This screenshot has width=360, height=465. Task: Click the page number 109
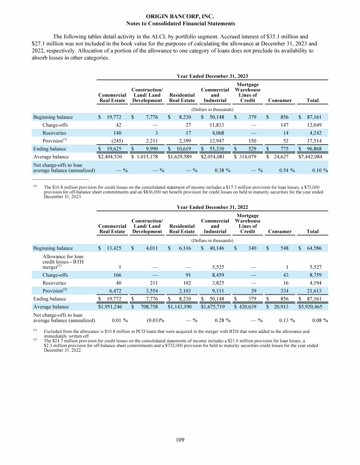tap(180, 440)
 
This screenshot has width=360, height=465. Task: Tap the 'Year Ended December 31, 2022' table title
tap(212, 207)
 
